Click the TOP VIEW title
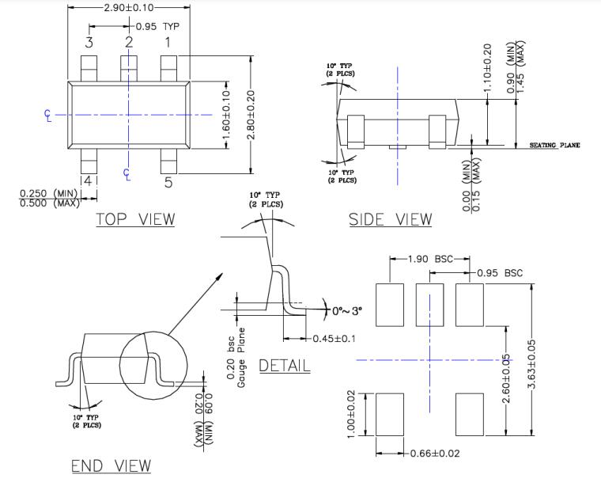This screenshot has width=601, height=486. click(x=135, y=218)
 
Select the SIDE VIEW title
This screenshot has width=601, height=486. click(x=391, y=218)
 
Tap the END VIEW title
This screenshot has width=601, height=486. click(x=111, y=465)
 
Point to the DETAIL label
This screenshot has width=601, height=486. click(x=285, y=365)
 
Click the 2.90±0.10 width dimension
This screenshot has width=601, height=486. click(x=130, y=7)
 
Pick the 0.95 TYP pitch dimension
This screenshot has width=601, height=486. click(x=157, y=25)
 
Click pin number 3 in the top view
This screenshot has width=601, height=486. click(x=89, y=42)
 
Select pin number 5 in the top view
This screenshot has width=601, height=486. click(x=168, y=183)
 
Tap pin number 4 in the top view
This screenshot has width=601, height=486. click(x=89, y=181)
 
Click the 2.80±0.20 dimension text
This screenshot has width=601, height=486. click(x=251, y=115)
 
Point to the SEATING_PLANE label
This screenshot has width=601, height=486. click(x=554, y=146)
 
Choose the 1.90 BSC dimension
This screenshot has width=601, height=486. click(x=431, y=259)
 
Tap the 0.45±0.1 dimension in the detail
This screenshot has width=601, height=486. click(x=332, y=340)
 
